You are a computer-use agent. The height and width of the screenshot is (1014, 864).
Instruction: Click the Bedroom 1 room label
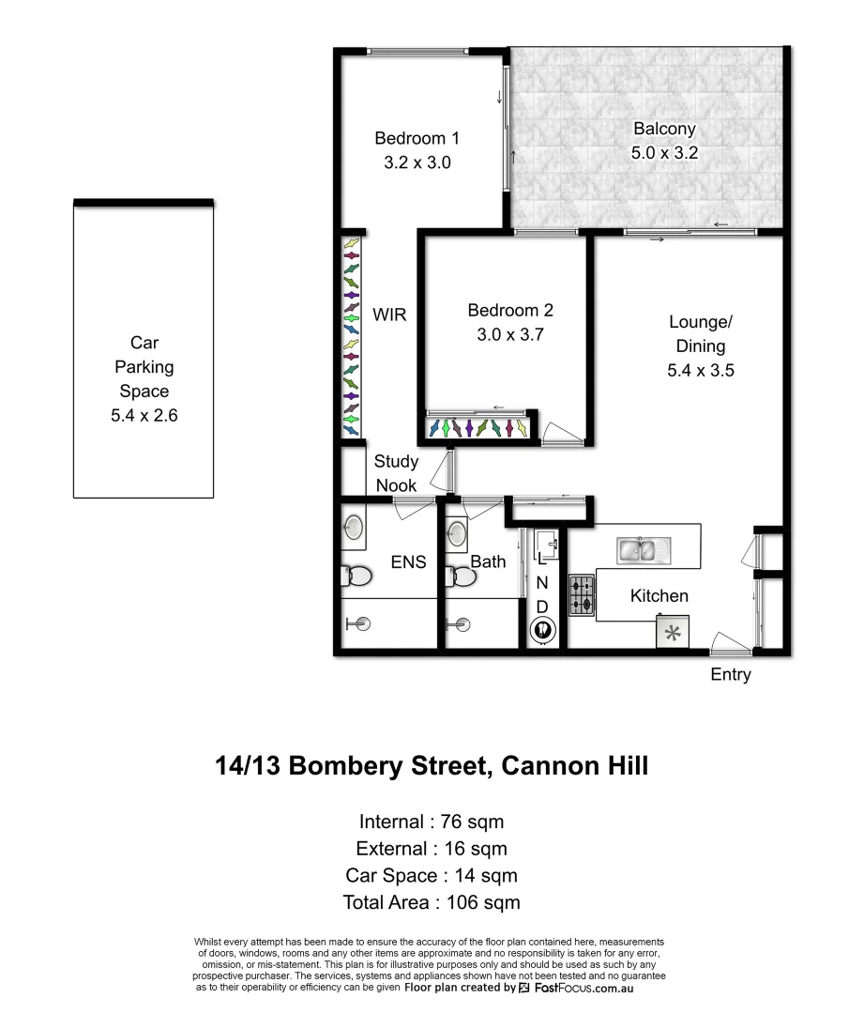coord(417,138)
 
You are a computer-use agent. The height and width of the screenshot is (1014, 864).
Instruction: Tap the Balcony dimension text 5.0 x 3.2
coord(664,152)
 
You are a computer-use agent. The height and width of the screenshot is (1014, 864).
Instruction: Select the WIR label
coord(389,315)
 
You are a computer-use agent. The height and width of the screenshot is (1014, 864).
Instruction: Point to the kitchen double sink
coord(642,551)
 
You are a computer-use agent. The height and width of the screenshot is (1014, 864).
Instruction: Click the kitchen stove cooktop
coord(582,595)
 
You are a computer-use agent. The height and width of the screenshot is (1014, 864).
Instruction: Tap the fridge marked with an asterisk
coord(673,632)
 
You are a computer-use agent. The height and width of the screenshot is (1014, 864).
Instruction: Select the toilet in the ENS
coord(354,575)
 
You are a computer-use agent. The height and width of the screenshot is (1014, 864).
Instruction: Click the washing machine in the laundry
coord(541,630)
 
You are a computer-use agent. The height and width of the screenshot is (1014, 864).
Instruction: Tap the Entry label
coord(731,674)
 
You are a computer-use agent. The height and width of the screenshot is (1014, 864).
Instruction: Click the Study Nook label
coord(396,473)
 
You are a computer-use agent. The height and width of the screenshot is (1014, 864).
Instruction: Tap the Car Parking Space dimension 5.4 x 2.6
coord(144,414)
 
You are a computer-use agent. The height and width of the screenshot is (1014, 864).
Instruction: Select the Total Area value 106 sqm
coord(477,902)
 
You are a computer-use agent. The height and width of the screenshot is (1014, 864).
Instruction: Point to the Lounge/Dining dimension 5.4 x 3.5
coord(700,370)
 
